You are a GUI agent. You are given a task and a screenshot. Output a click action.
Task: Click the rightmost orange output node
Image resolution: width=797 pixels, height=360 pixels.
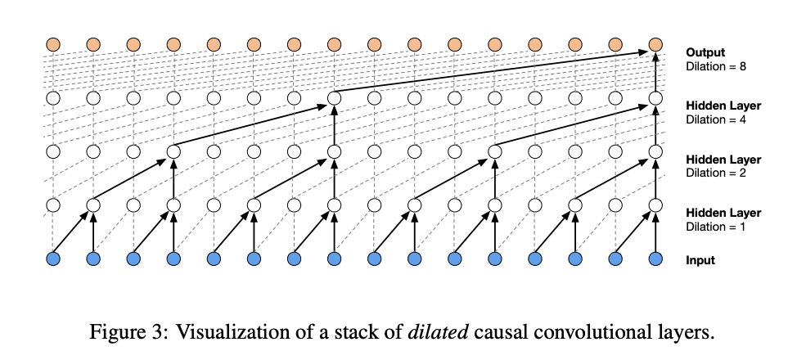click(655, 43)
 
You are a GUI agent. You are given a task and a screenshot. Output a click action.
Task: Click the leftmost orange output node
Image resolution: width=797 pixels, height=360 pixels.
click(53, 43)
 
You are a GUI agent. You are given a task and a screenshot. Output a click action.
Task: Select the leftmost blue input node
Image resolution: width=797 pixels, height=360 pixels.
click(53, 259)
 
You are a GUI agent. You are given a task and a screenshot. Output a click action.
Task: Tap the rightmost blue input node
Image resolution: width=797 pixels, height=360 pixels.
click(655, 259)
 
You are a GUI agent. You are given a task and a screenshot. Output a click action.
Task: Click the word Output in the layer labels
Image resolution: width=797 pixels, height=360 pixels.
click(705, 52)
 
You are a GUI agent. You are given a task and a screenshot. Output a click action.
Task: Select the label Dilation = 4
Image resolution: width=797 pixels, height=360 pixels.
click(714, 119)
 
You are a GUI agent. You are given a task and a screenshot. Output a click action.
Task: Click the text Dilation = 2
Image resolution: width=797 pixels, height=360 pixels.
click(714, 173)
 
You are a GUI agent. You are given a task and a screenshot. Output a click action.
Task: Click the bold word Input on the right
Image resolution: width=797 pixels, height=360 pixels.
click(700, 260)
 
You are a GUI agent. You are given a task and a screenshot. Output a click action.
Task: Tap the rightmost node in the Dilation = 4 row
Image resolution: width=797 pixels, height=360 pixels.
click(655, 98)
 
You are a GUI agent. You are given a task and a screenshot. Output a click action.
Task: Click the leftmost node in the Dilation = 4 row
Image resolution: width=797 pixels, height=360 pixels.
click(53, 98)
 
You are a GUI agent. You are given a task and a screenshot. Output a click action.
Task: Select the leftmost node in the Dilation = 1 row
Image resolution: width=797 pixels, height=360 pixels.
click(53, 205)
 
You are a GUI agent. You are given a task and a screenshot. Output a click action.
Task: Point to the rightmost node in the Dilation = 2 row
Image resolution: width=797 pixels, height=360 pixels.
click(655, 151)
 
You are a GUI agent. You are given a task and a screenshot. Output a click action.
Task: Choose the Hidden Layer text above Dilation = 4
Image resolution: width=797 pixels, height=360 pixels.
click(723, 106)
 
